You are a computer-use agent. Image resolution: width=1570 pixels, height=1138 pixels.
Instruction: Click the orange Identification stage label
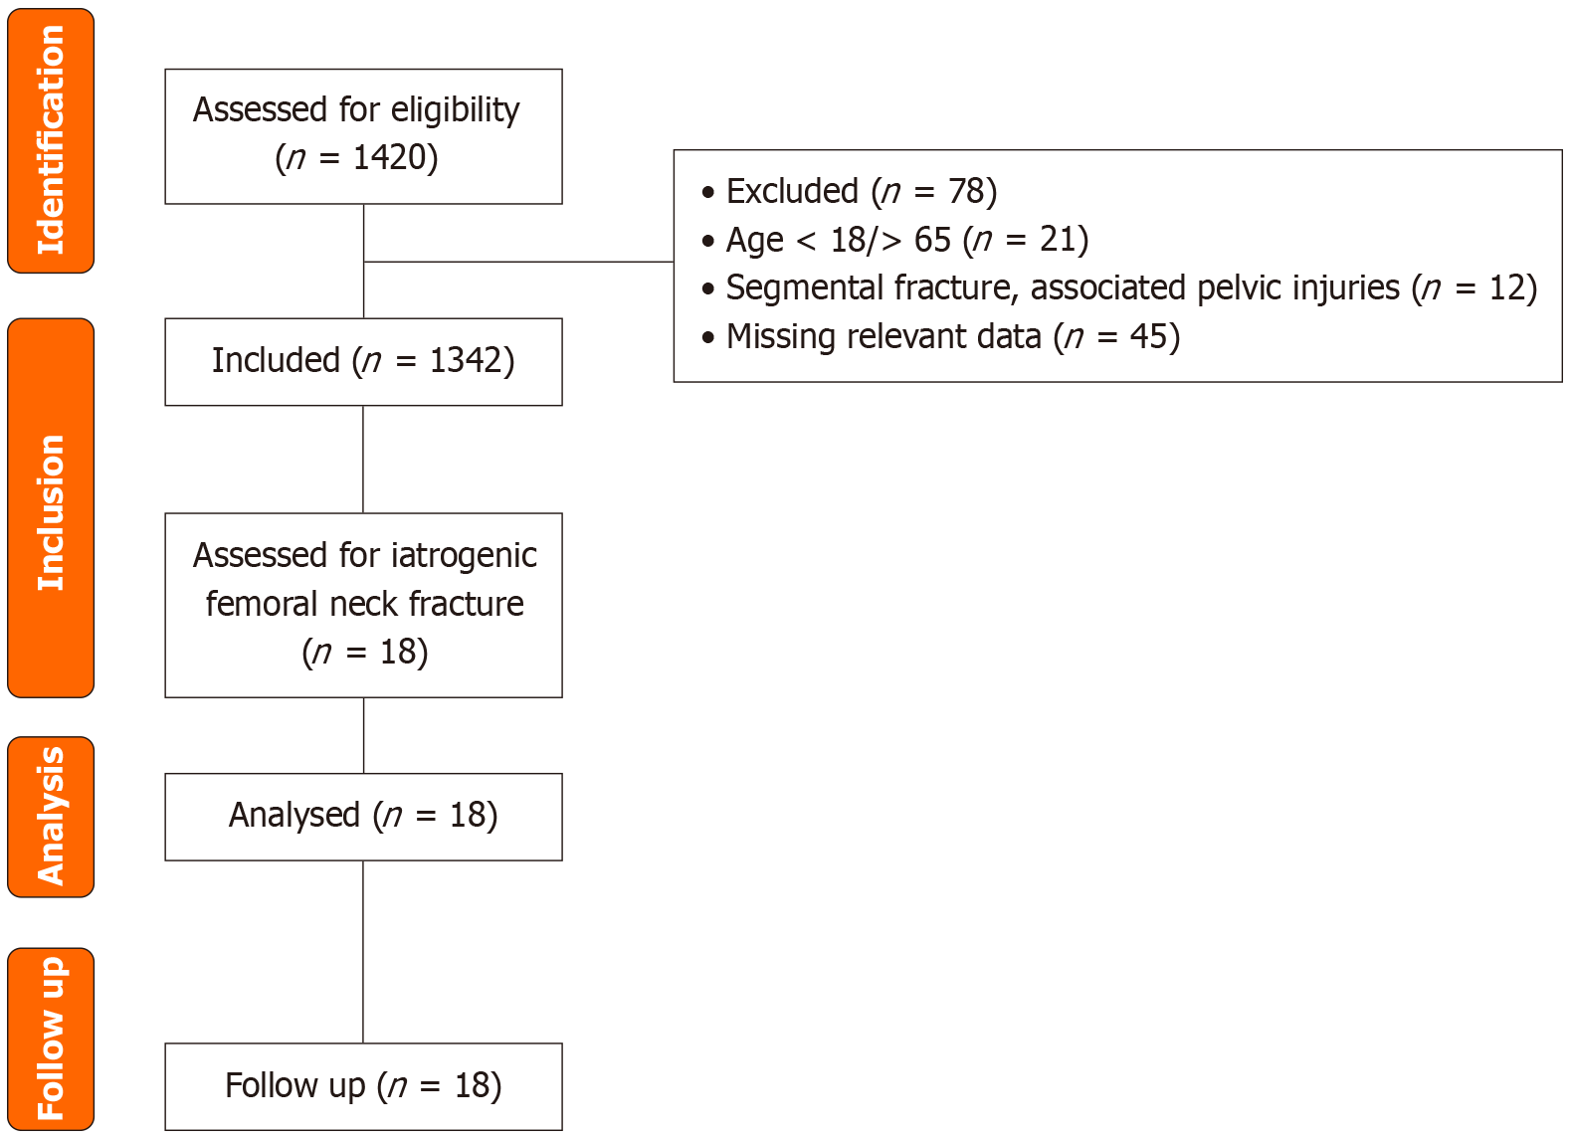51,140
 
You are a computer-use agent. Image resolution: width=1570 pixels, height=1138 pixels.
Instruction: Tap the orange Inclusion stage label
51,508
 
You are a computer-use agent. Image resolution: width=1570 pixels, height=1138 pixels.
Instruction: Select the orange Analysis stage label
51,817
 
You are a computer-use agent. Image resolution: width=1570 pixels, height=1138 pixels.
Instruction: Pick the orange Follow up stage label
51,1039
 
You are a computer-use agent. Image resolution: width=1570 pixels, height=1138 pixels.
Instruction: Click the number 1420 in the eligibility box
395,157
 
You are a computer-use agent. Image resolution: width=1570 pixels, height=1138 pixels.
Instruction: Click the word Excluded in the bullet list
792,191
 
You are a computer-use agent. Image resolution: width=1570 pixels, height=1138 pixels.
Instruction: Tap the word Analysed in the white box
294,816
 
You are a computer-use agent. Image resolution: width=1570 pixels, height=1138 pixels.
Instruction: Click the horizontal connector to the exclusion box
517,262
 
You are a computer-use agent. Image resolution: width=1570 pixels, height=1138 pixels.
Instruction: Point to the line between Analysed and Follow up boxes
363,951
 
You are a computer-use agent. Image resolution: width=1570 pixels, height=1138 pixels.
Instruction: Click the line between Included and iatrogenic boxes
363,459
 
